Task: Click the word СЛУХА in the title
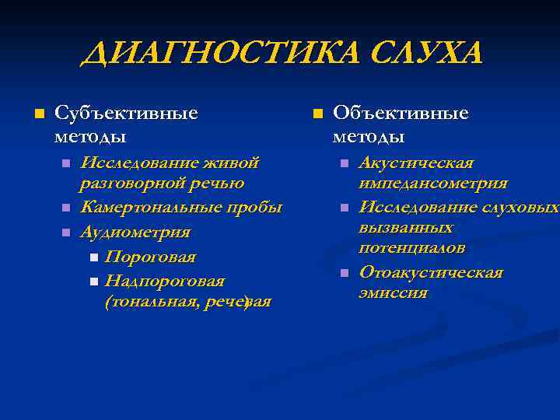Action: [425, 54]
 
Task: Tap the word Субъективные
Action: [125, 114]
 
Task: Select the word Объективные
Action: [401, 114]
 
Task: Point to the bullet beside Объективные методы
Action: [317, 114]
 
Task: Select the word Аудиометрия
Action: [135, 232]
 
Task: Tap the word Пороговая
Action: [151, 257]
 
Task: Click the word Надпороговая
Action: [165, 280]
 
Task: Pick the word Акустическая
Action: [416, 163]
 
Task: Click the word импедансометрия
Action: [433, 184]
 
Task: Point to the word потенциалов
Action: [412, 248]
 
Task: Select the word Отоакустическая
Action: [431, 273]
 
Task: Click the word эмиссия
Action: [393, 293]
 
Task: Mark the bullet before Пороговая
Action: [93, 257]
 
